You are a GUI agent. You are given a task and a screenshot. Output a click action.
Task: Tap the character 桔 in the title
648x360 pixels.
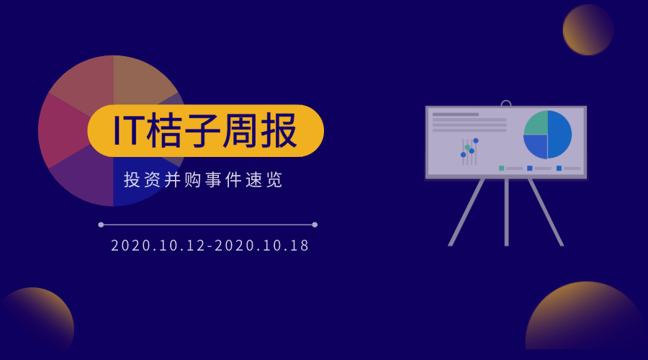coord(165,131)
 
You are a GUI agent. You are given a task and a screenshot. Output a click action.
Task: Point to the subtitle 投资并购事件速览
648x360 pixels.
coord(204,180)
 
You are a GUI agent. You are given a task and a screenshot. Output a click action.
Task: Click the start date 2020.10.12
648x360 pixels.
coord(157,246)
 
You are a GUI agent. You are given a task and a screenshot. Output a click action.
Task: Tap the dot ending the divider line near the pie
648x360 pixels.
coord(101,225)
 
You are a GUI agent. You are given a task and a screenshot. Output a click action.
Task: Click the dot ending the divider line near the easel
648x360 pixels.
coord(315,225)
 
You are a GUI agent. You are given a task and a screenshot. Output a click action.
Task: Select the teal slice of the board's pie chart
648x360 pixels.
coord(536,123)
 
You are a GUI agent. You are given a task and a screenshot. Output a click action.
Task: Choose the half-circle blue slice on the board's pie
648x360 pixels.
coord(560,135)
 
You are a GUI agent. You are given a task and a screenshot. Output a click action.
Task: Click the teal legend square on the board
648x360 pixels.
coord(501,168)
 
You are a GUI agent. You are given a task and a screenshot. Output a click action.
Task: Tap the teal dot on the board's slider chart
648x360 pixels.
coord(467,147)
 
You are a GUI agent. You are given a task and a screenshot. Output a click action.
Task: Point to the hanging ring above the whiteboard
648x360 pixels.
coord(506,104)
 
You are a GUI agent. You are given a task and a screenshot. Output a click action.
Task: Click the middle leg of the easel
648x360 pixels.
coord(506,212)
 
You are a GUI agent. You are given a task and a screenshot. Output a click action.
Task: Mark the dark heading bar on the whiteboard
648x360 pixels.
coord(455,114)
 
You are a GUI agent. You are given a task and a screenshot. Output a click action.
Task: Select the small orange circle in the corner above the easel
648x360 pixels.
coord(588,30)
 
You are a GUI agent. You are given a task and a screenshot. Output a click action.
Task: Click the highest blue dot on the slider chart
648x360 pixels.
coord(476,140)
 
